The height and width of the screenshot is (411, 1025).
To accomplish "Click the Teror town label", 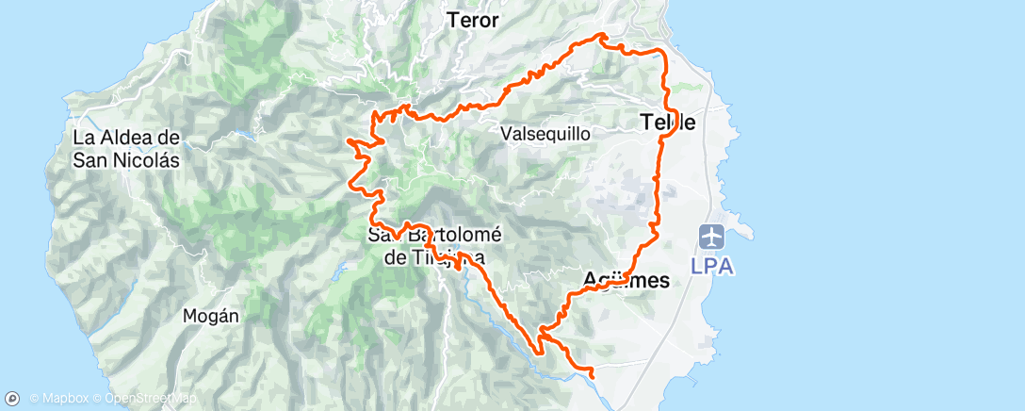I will [472, 20].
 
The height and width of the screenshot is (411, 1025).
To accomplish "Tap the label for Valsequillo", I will [545, 133].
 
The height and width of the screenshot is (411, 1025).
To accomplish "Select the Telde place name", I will [668, 122].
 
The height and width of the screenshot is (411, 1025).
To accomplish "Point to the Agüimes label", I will [626, 280].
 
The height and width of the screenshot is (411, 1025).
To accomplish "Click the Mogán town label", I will [211, 316].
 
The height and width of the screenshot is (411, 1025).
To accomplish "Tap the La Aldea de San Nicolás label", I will [125, 148].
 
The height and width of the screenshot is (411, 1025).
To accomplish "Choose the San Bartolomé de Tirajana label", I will [434, 245].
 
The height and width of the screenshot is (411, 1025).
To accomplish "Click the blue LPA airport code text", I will [713, 266].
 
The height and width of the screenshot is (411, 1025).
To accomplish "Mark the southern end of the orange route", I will [593, 377].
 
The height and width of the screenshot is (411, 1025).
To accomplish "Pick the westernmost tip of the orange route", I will [349, 140].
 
